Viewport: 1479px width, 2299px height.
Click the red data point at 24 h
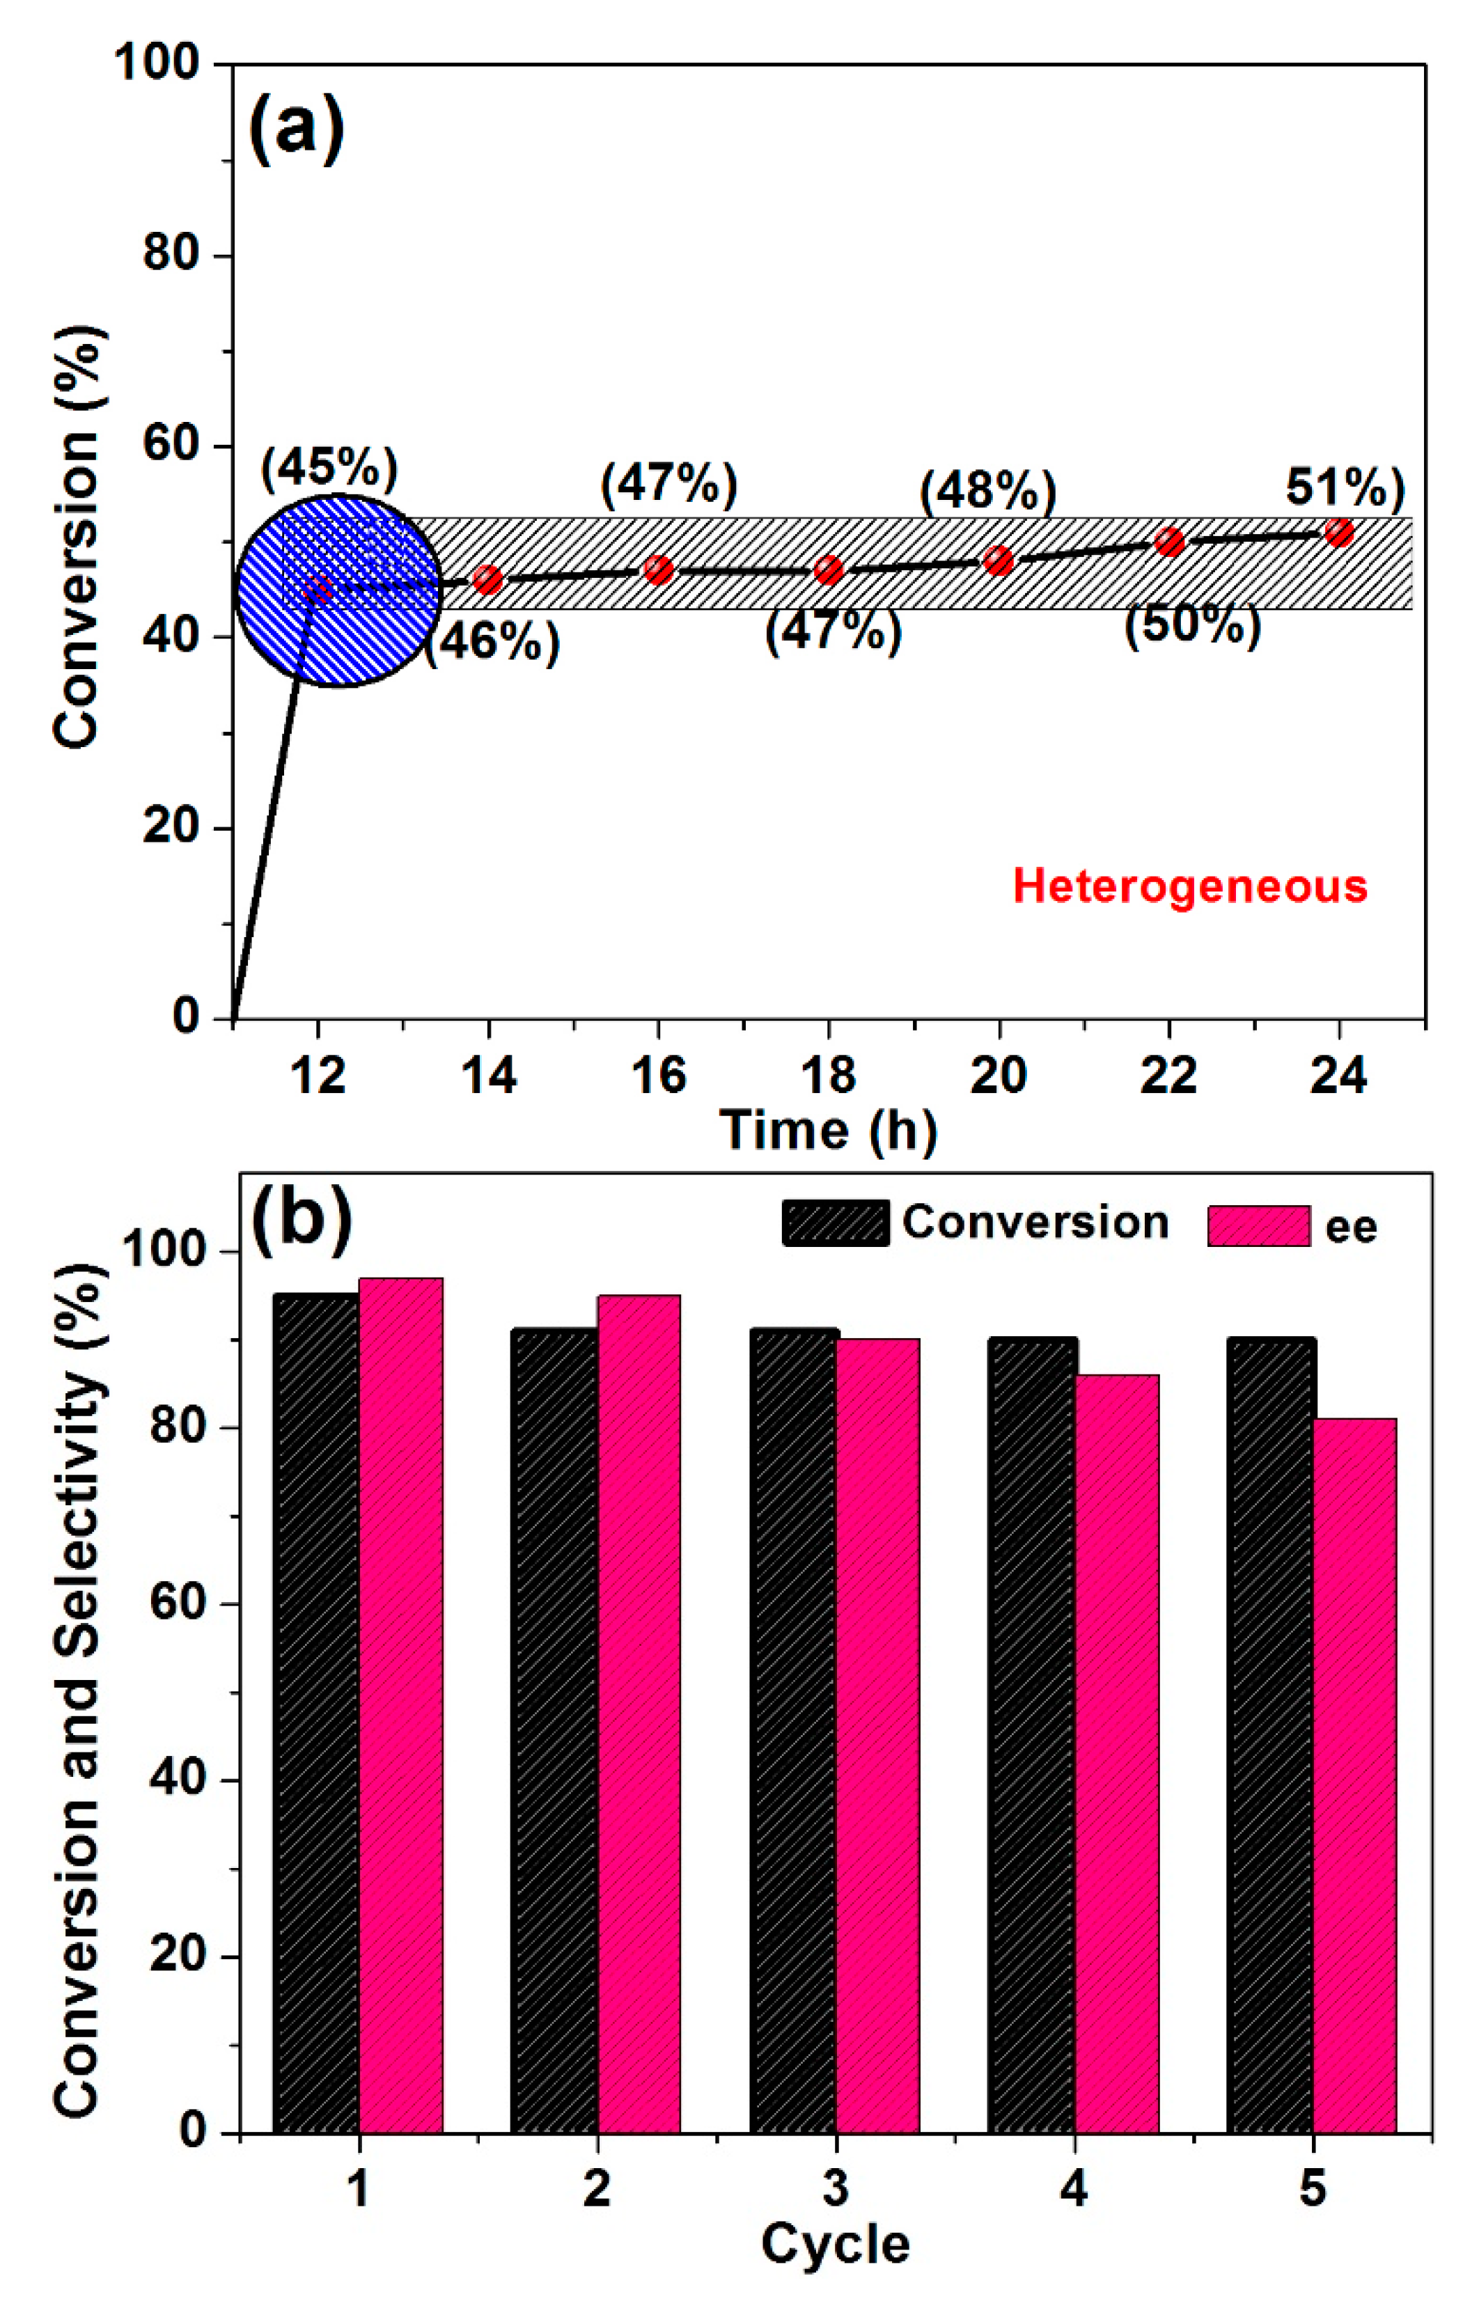point(1339,531)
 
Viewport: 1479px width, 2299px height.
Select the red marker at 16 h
point(658,570)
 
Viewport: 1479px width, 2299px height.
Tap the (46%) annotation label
point(492,641)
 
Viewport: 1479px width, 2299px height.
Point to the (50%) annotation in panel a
point(1192,626)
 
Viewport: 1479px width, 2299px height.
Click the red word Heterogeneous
point(1190,886)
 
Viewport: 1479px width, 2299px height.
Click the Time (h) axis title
point(828,1129)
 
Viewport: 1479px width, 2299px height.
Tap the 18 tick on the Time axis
point(828,1074)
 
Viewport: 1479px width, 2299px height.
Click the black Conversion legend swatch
point(835,1223)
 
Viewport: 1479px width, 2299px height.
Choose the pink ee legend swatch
point(1258,1226)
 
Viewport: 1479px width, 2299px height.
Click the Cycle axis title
point(835,2244)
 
